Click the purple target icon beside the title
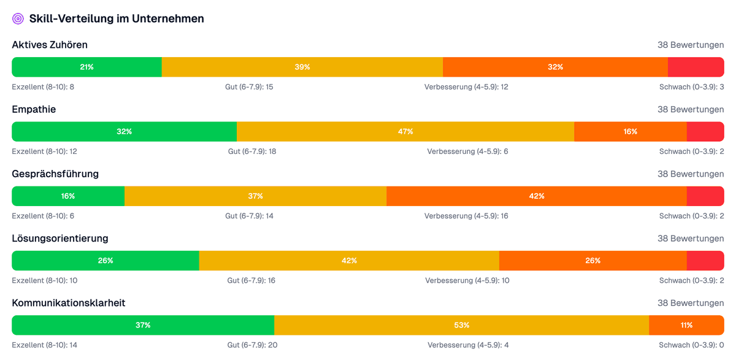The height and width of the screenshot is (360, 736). coord(18,19)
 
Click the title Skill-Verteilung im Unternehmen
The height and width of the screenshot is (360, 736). coord(117,19)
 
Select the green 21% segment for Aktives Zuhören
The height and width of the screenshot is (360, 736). coord(86,67)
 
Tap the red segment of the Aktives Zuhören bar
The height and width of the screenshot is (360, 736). coord(696,67)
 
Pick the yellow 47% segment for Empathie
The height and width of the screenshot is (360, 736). coord(405,131)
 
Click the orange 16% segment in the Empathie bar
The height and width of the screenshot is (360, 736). coord(630,131)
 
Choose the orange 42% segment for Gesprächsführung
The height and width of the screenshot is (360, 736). coord(536,196)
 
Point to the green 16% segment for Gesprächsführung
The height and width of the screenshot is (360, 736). coord(68,196)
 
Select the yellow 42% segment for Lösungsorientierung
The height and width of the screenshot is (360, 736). coord(349,261)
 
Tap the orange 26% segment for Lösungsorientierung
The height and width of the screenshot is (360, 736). coord(592,261)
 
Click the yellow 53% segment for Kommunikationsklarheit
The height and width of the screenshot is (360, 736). coord(461,325)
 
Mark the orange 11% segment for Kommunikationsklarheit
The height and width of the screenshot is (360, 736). coord(686,325)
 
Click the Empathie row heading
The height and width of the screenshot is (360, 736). coord(34,109)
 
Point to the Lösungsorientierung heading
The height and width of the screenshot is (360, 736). coord(60,238)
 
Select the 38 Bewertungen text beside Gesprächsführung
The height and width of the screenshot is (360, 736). coord(691,174)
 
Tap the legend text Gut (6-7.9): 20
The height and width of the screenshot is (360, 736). coord(253,345)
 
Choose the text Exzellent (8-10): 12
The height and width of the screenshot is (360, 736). coord(44,151)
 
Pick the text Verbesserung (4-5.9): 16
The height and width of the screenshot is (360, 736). coord(466,216)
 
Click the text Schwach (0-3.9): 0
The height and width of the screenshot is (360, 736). coord(691,345)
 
